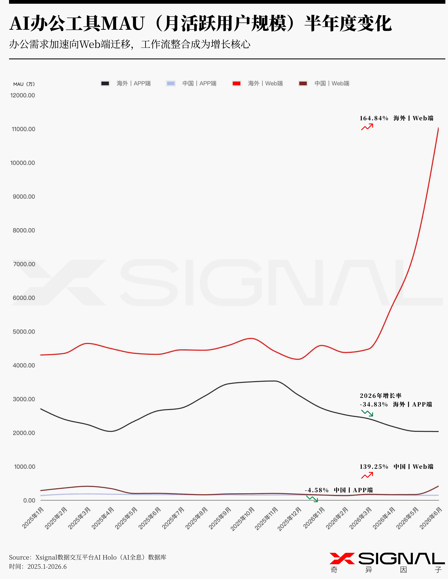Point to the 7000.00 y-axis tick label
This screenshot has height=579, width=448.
point(24,264)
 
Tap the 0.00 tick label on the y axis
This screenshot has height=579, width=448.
point(29,500)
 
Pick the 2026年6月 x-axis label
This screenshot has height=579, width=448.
point(431,518)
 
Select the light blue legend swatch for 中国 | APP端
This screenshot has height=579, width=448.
point(171,83)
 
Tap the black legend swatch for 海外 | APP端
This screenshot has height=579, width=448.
point(105,83)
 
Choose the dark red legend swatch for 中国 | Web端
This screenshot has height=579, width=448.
point(303,83)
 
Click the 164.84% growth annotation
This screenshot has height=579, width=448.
point(374,118)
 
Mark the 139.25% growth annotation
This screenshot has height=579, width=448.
point(374,467)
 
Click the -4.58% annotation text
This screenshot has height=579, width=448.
point(317,490)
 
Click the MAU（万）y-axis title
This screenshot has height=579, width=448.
point(24,84)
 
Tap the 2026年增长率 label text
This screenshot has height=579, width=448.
point(381,396)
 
